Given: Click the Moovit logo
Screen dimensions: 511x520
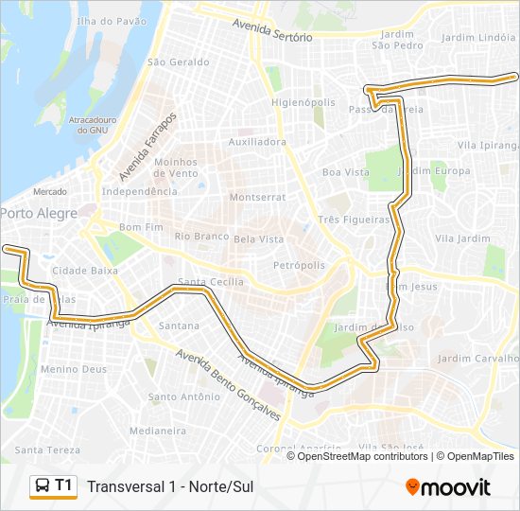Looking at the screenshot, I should click(x=448, y=487).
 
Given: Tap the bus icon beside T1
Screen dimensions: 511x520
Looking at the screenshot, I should click(x=43, y=486).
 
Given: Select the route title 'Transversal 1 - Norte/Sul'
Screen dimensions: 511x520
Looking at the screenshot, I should click(x=170, y=487).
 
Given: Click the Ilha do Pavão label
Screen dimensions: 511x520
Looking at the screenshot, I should click(x=113, y=20).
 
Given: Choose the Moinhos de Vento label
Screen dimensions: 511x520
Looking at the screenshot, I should click(x=176, y=167).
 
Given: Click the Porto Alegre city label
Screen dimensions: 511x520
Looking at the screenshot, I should click(x=38, y=214).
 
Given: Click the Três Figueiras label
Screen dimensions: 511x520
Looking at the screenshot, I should click(x=354, y=220).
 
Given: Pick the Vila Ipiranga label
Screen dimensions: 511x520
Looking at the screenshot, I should click(x=488, y=145).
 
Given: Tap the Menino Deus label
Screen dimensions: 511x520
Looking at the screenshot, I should click(x=74, y=369).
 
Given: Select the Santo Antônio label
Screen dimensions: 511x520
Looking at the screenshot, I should click(x=183, y=396).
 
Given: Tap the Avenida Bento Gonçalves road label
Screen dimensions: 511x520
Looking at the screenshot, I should click(x=228, y=387).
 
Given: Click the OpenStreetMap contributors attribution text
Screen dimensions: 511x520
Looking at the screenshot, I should click(x=363, y=456).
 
